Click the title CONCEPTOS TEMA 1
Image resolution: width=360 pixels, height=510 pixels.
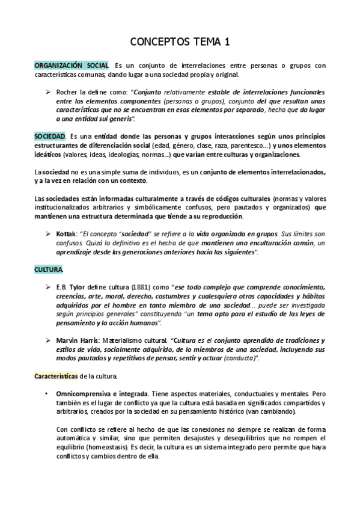180,41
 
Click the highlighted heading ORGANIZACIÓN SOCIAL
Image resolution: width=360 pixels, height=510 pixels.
72,65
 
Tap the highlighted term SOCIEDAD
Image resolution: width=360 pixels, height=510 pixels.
49,137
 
